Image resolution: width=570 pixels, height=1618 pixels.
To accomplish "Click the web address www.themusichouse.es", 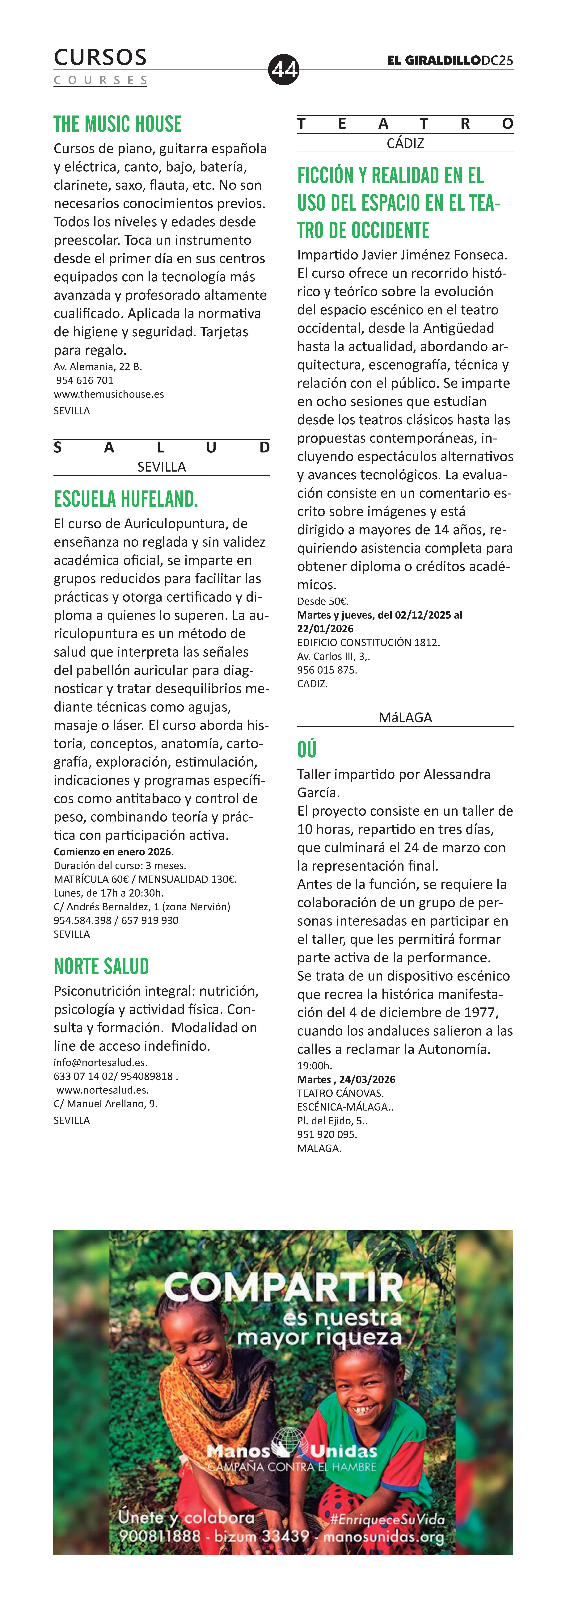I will point(109,394).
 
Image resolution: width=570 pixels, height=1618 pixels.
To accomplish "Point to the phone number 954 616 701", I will point(85,381).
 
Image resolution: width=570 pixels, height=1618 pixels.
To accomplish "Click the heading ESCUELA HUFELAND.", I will point(126,499).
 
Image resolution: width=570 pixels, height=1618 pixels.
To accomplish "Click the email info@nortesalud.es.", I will point(101,1063).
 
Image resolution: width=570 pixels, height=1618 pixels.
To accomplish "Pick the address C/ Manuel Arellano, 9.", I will point(106,1104).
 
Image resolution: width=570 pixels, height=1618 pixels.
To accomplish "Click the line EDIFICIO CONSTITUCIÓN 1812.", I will point(368,643).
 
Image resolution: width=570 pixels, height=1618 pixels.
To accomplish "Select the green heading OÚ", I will point(307,749).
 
